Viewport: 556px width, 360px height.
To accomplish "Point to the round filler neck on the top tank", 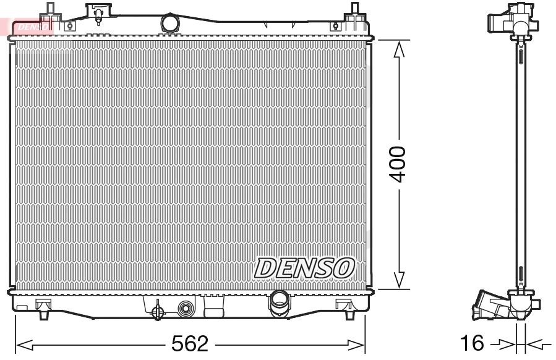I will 169,24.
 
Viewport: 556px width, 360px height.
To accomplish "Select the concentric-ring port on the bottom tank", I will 185,308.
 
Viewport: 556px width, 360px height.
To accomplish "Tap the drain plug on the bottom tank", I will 157,307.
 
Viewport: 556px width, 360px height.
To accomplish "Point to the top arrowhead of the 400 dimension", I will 399,49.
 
